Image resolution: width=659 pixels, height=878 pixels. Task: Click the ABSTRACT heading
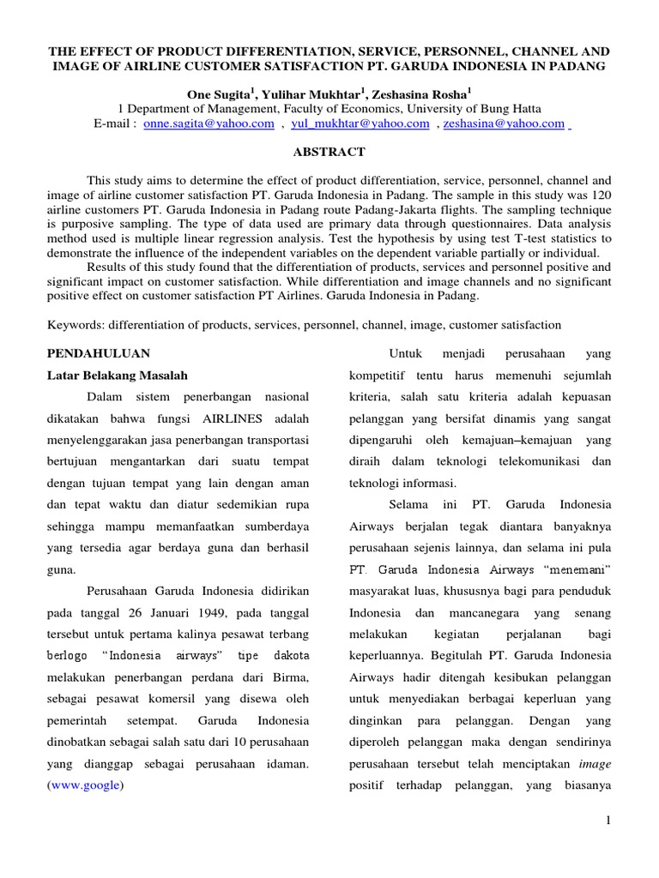tap(329, 152)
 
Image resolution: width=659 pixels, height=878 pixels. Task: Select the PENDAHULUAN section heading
tap(98, 352)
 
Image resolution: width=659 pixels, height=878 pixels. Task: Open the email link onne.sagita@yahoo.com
tap(209, 123)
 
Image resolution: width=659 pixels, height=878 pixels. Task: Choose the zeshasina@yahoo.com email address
tap(504, 123)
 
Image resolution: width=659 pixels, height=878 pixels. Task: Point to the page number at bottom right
tap(608, 821)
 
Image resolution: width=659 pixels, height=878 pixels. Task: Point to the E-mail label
tap(114, 123)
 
